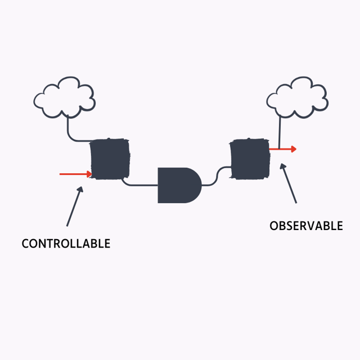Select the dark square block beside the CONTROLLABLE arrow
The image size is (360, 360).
110,159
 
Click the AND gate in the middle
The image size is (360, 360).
178,184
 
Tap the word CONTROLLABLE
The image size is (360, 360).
66,244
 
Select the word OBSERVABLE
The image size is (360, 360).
306,226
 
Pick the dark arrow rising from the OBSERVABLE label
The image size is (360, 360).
289,183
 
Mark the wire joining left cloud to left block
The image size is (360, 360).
70,133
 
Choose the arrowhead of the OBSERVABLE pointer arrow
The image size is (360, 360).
283,167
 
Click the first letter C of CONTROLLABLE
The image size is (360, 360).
25,244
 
